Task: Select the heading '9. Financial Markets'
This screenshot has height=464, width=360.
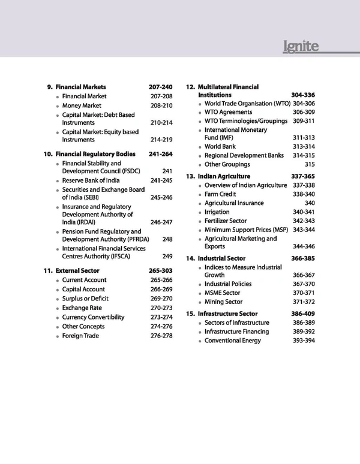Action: click(77, 87)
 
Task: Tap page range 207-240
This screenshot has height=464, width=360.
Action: click(160, 87)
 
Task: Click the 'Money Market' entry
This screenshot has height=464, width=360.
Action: click(84, 106)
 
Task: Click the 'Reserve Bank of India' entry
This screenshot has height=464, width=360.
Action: click(91, 180)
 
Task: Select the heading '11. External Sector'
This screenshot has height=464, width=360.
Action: click(73, 270)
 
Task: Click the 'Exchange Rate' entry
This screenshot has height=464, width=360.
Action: click(82, 308)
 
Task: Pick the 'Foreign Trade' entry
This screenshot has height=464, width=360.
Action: click(80, 336)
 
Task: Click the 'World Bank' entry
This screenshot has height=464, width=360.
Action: click(220, 146)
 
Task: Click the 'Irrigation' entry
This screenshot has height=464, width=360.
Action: click(217, 212)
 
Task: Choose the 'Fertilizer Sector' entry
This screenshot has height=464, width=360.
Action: click(226, 221)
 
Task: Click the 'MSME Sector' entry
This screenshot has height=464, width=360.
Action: click(222, 293)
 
